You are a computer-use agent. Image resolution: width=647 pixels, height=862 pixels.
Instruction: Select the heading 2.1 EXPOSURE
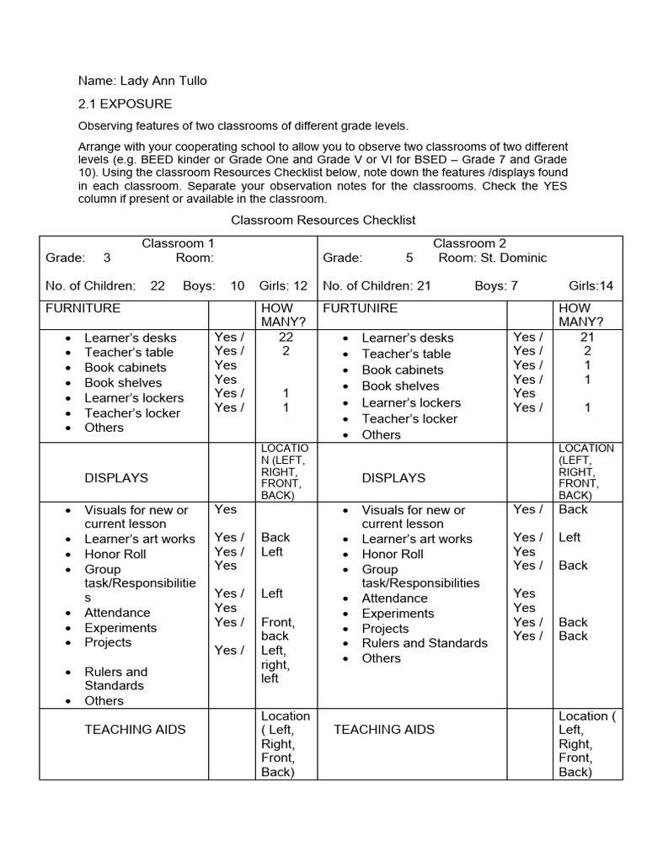125,104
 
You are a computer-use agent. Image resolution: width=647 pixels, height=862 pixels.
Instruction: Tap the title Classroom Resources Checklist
324,220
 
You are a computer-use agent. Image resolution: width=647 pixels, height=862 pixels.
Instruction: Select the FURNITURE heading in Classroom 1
83,308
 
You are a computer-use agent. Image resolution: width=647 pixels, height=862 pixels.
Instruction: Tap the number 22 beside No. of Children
158,286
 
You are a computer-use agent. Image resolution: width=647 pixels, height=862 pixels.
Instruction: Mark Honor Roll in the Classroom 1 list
115,554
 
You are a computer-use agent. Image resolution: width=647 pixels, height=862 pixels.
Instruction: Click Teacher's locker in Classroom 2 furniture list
409,418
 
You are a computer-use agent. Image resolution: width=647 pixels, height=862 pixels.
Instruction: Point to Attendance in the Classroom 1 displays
117,613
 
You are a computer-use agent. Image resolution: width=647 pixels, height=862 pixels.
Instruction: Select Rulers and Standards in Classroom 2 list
425,643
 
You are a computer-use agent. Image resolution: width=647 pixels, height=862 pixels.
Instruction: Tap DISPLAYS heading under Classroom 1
116,477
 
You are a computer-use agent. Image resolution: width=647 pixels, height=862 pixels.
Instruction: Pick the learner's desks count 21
587,337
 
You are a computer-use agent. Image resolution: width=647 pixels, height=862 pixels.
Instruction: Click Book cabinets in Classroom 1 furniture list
126,367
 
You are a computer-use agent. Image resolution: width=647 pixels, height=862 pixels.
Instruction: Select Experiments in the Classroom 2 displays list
398,614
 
